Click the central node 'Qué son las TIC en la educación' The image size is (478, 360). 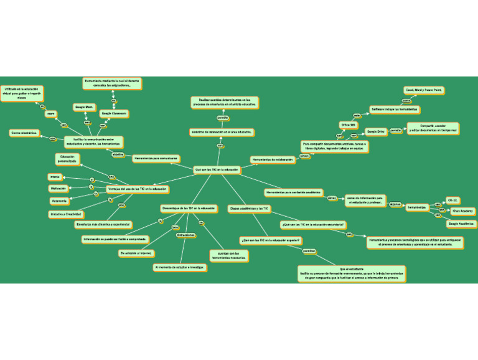tap(217, 169)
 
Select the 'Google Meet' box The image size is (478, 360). tap(84, 107)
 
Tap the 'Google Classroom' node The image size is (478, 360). tap(115, 113)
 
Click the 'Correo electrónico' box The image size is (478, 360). tap(25, 133)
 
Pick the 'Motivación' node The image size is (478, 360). tap(59, 188)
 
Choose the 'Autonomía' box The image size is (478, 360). tap(59, 201)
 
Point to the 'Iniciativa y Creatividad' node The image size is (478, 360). tap(66, 214)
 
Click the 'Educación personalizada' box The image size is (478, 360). tap(67, 159)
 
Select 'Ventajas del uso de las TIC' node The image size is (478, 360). tap(137, 188)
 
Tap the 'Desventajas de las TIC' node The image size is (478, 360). tap(189, 207)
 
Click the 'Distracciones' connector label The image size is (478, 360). tap(185, 235)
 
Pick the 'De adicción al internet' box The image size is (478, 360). tap(137, 253)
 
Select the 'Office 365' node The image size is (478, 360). tap(349, 125)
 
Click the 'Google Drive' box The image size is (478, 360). tap(375, 131)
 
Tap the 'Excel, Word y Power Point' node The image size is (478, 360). tap(423, 90)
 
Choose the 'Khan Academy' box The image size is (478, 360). tap(463, 211)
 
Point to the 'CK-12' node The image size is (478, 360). tap(452, 201)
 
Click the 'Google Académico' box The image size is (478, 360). tap(461, 223)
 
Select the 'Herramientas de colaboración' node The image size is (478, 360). tap(273, 160)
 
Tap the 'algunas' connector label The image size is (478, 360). tap(395, 204)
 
